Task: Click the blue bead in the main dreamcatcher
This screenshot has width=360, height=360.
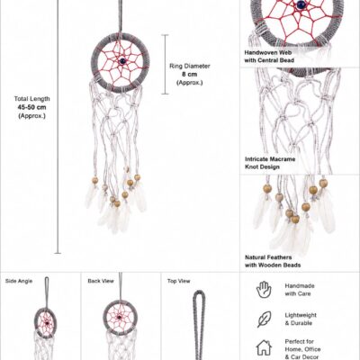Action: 122,61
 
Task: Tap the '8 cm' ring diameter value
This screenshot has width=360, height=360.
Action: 190,74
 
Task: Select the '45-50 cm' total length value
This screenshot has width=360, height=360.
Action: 31,107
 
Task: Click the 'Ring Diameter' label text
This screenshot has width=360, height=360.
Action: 190,66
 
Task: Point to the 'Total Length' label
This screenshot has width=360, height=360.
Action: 31,99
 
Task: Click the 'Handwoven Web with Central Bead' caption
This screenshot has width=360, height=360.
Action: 269,57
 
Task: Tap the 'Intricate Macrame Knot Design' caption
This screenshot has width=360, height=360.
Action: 270,163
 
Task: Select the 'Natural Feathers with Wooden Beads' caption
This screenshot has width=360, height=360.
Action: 273,261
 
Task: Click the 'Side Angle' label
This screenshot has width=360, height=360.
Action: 19,281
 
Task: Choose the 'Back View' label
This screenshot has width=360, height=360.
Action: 101,281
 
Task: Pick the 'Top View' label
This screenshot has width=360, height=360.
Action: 179,281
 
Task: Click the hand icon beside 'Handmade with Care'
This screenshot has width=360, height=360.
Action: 264,290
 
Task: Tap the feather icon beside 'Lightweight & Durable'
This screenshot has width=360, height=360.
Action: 264,319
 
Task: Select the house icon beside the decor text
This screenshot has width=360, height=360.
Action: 264,347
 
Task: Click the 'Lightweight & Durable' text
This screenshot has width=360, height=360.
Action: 301,319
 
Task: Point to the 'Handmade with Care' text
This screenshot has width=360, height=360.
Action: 300,290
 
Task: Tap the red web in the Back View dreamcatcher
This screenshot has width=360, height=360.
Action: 119,317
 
